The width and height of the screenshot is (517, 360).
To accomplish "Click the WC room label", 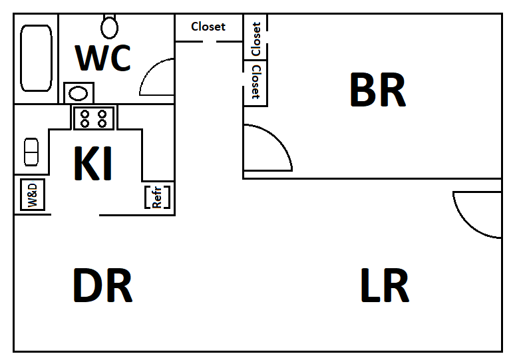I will point(102,58).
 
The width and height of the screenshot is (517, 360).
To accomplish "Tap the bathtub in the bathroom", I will point(36,58).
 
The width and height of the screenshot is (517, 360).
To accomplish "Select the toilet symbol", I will point(110,26).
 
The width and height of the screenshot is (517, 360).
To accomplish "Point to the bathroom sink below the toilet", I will point(79,93).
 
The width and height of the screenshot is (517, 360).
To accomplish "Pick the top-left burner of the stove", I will point(85,114).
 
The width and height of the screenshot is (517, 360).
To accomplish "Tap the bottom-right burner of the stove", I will point(102,123).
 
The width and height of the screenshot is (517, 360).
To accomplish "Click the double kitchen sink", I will point(31,152).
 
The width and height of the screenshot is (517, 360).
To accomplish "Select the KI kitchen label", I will point(93,164).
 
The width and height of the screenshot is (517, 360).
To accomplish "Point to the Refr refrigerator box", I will point(158,197).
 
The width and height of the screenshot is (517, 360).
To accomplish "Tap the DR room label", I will point(102,286).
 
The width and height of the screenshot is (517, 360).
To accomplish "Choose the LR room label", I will point(384,286).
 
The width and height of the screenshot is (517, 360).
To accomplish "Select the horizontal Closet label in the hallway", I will point(208,27).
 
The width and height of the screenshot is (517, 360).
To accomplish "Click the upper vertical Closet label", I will point(256,39).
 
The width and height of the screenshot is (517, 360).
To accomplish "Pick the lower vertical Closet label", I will point(256,83).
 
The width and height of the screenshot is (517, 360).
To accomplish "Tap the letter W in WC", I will point(90,58).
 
